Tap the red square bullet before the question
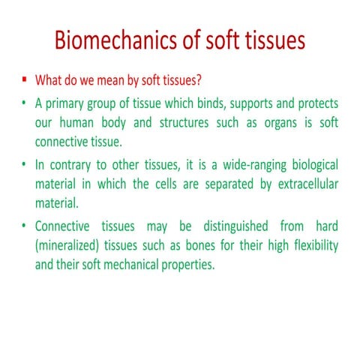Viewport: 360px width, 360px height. (x=24, y=79)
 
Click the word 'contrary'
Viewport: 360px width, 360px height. (x=72, y=163)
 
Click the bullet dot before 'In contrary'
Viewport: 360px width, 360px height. (x=24, y=163)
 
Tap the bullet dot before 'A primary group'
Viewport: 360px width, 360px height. (x=24, y=102)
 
